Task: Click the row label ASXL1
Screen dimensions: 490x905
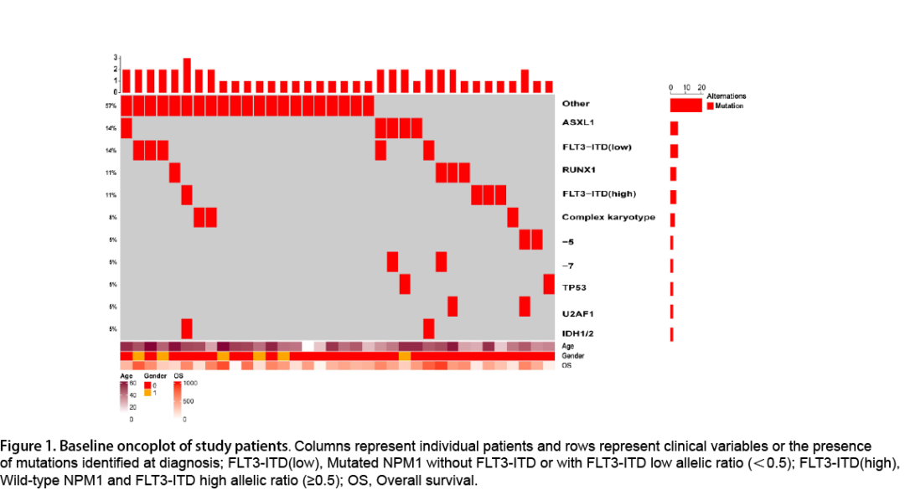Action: pos(578,122)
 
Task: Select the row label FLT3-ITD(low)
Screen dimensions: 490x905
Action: pos(597,147)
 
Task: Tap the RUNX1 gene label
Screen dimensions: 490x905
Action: pos(579,169)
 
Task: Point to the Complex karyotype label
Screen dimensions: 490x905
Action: pos(608,218)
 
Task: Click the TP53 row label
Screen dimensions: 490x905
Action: pos(574,287)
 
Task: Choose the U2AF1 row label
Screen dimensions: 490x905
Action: pos(577,313)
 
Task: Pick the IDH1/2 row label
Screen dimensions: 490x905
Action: pos(577,334)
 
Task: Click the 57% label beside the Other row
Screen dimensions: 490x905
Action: pos(111,106)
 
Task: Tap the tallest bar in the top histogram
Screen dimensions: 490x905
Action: pos(187,75)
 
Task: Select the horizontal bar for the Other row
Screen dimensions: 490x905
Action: pos(685,106)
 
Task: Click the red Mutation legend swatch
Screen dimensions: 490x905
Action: pos(710,106)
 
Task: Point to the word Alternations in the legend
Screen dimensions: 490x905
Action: pos(726,96)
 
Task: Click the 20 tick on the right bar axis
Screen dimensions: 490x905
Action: pos(701,87)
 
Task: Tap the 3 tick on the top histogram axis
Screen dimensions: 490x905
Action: pos(116,58)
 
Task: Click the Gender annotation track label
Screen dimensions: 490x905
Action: pos(572,356)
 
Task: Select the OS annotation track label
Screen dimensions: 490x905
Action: pos(567,365)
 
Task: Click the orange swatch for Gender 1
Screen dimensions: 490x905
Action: pos(147,393)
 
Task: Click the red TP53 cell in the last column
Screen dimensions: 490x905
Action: pos(549,284)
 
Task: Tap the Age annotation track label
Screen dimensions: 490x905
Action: pos(569,346)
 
